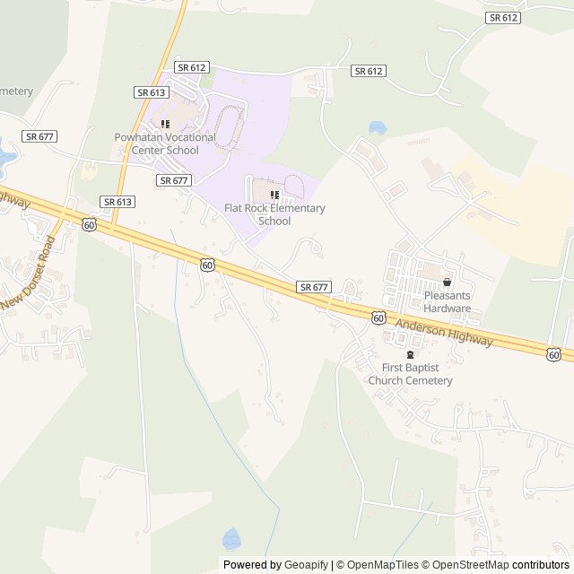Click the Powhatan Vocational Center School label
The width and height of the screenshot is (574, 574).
click(165, 143)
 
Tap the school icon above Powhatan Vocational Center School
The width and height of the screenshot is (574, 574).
click(165, 123)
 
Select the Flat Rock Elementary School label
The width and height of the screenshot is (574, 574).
click(274, 214)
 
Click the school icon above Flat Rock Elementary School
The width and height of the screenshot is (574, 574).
click(274, 195)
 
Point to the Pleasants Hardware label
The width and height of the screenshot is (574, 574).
click(448, 301)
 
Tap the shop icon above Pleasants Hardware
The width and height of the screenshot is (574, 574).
click(448, 282)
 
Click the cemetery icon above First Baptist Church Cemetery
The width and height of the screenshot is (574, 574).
click(411, 355)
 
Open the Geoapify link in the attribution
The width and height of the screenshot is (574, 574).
click(306, 565)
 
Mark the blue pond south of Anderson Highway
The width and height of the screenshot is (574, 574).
click(231, 538)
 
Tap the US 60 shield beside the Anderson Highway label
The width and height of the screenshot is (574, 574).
click(378, 318)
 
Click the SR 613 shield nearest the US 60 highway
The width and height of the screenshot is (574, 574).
click(117, 202)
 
